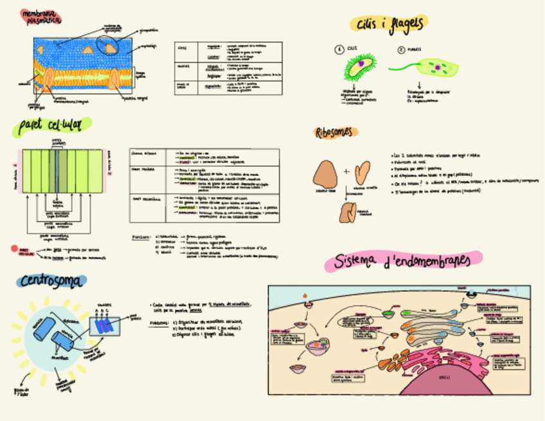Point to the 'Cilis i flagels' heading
[x=389, y=24]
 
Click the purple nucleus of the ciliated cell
[x=361, y=64]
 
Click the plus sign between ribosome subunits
[x=346, y=171]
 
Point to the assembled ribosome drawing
[x=350, y=212]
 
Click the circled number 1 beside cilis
[x=338, y=49]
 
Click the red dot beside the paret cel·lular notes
[x=14, y=248]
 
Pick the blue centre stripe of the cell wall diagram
[x=57, y=169]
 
